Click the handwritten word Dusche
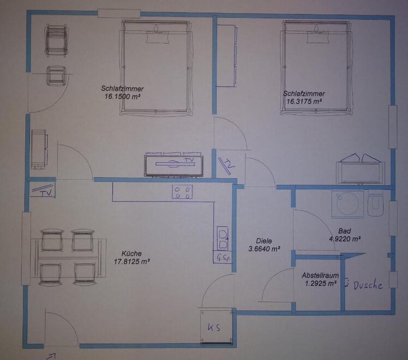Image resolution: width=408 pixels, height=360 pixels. coord(368,286)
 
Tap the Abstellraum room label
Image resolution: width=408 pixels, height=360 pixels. coord(320,275)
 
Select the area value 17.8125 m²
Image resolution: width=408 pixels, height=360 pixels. coord(131,261)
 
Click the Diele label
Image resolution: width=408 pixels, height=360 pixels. coord(264,241)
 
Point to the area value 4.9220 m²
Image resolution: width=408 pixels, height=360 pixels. coord(345,238)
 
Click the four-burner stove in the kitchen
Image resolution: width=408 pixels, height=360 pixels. coord(182,191)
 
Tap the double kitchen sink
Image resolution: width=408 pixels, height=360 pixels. coord(223,238)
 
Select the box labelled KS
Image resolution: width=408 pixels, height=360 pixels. coord(216,327)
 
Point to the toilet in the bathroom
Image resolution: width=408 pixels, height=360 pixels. coord(375,203)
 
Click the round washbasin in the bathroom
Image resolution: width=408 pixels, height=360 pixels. coord(347,204)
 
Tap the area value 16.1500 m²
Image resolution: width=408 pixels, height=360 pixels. coord(122,97)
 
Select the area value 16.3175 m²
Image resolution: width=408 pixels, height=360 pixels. coord(304,101)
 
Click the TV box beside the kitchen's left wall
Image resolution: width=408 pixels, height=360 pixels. coord(43,190)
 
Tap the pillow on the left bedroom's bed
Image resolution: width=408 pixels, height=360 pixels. coord(158,37)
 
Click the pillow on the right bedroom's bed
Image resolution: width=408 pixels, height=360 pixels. coord(317,37)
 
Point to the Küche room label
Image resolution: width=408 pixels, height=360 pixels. coord(131,253)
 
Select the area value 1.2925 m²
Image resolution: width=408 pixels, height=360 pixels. coord(321,283)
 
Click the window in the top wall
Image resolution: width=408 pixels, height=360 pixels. coord(119,13)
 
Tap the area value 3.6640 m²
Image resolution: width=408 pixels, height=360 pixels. coord(264,249)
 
